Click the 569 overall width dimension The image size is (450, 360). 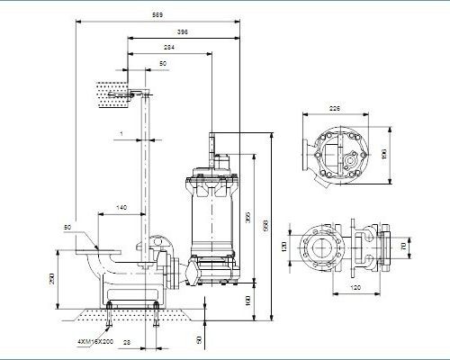click(x=157, y=16)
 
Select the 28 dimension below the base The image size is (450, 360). click(x=126, y=343)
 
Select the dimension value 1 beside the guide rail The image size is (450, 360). click(x=121, y=135)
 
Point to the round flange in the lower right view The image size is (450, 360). click(x=320, y=245)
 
